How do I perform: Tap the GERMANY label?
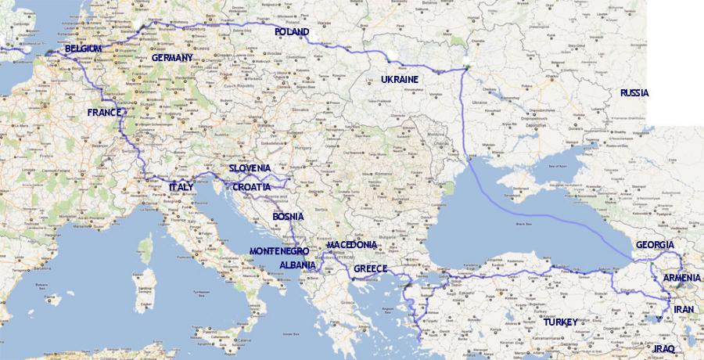172,58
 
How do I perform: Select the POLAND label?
293,32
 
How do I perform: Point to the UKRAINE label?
400,79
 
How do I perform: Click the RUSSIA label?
634,92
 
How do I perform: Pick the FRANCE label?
105,113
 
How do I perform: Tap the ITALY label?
182,187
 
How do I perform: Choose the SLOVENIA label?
250,168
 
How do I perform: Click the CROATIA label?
251,188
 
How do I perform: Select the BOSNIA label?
288,217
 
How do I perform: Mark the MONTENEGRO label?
279,251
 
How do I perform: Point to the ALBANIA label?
298,265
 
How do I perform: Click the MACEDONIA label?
352,245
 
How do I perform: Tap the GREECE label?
372,268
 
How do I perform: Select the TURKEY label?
559,322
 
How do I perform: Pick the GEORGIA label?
655,245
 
